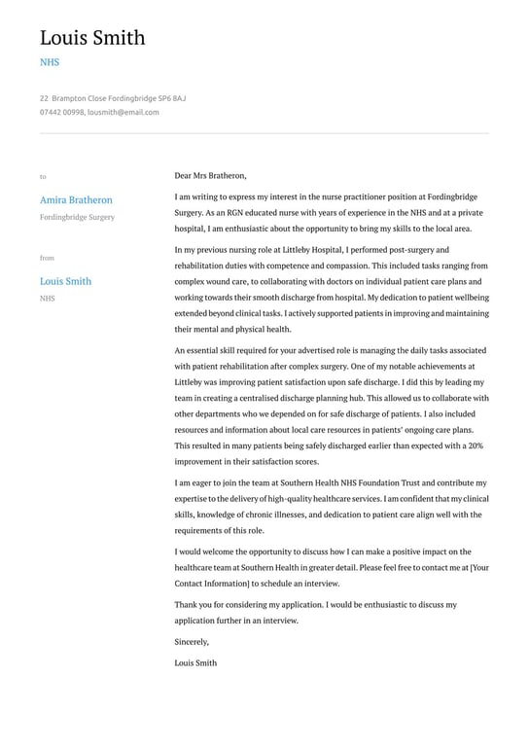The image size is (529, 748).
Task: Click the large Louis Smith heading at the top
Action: click(x=92, y=38)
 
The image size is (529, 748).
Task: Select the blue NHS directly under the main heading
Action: click(x=50, y=62)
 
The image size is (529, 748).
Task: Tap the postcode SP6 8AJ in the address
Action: click(x=171, y=98)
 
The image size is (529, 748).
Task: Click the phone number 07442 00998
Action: click(x=61, y=112)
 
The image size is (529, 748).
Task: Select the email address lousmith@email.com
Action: click(x=123, y=112)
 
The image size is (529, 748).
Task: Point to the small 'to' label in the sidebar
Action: click(x=43, y=176)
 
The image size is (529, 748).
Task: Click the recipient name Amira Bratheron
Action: click(x=76, y=199)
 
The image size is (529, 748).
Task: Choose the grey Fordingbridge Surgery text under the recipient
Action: click(x=77, y=217)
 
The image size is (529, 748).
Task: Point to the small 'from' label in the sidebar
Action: click(x=47, y=258)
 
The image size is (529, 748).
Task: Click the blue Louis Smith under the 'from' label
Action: click(x=65, y=281)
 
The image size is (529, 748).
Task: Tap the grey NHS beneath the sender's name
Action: click(x=48, y=299)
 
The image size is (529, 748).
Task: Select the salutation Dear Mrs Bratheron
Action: click(x=210, y=176)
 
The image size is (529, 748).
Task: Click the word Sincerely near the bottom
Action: click(x=192, y=642)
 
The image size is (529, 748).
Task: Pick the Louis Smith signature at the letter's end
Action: click(x=195, y=662)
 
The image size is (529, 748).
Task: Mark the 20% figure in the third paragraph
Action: click(x=475, y=445)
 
